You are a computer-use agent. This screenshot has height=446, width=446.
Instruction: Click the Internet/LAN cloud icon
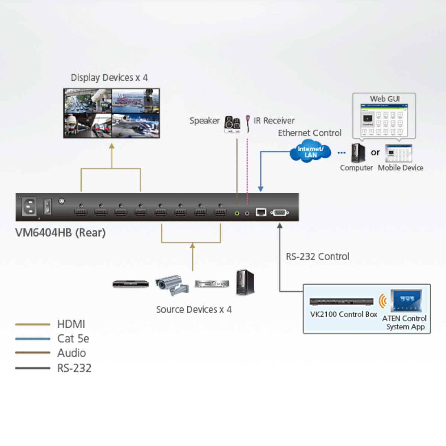click(x=310, y=151)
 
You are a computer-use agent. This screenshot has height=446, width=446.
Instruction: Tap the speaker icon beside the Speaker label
click(x=232, y=124)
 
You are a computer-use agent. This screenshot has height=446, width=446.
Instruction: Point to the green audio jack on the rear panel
click(x=237, y=213)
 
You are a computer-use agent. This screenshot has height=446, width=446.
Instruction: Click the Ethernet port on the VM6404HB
click(x=261, y=212)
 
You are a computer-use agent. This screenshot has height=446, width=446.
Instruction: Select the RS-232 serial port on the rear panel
click(x=280, y=213)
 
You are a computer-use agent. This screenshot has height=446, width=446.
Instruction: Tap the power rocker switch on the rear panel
click(x=47, y=206)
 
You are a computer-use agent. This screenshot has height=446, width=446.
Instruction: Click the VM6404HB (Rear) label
click(x=60, y=233)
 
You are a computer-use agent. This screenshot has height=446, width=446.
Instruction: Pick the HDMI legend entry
click(x=71, y=324)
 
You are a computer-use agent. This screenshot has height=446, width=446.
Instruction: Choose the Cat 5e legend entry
click(x=73, y=339)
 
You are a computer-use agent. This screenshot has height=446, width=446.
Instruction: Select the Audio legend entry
click(x=71, y=353)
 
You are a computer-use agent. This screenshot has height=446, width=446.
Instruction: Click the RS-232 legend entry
click(x=74, y=368)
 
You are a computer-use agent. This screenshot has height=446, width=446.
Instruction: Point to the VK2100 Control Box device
click(x=341, y=301)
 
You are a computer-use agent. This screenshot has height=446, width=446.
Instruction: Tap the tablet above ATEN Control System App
click(x=406, y=300)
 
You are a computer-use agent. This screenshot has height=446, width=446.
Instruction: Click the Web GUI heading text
click(x=385, y=99)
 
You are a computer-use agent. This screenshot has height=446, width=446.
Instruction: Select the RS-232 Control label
click(x=317, y=256)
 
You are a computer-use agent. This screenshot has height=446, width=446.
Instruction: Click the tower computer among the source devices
click(x=245, y=282)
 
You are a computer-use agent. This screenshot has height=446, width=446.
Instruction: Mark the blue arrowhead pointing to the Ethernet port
click(x=261, y=189)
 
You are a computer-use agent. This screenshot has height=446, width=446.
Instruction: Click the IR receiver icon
click(x=248, y=123)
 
